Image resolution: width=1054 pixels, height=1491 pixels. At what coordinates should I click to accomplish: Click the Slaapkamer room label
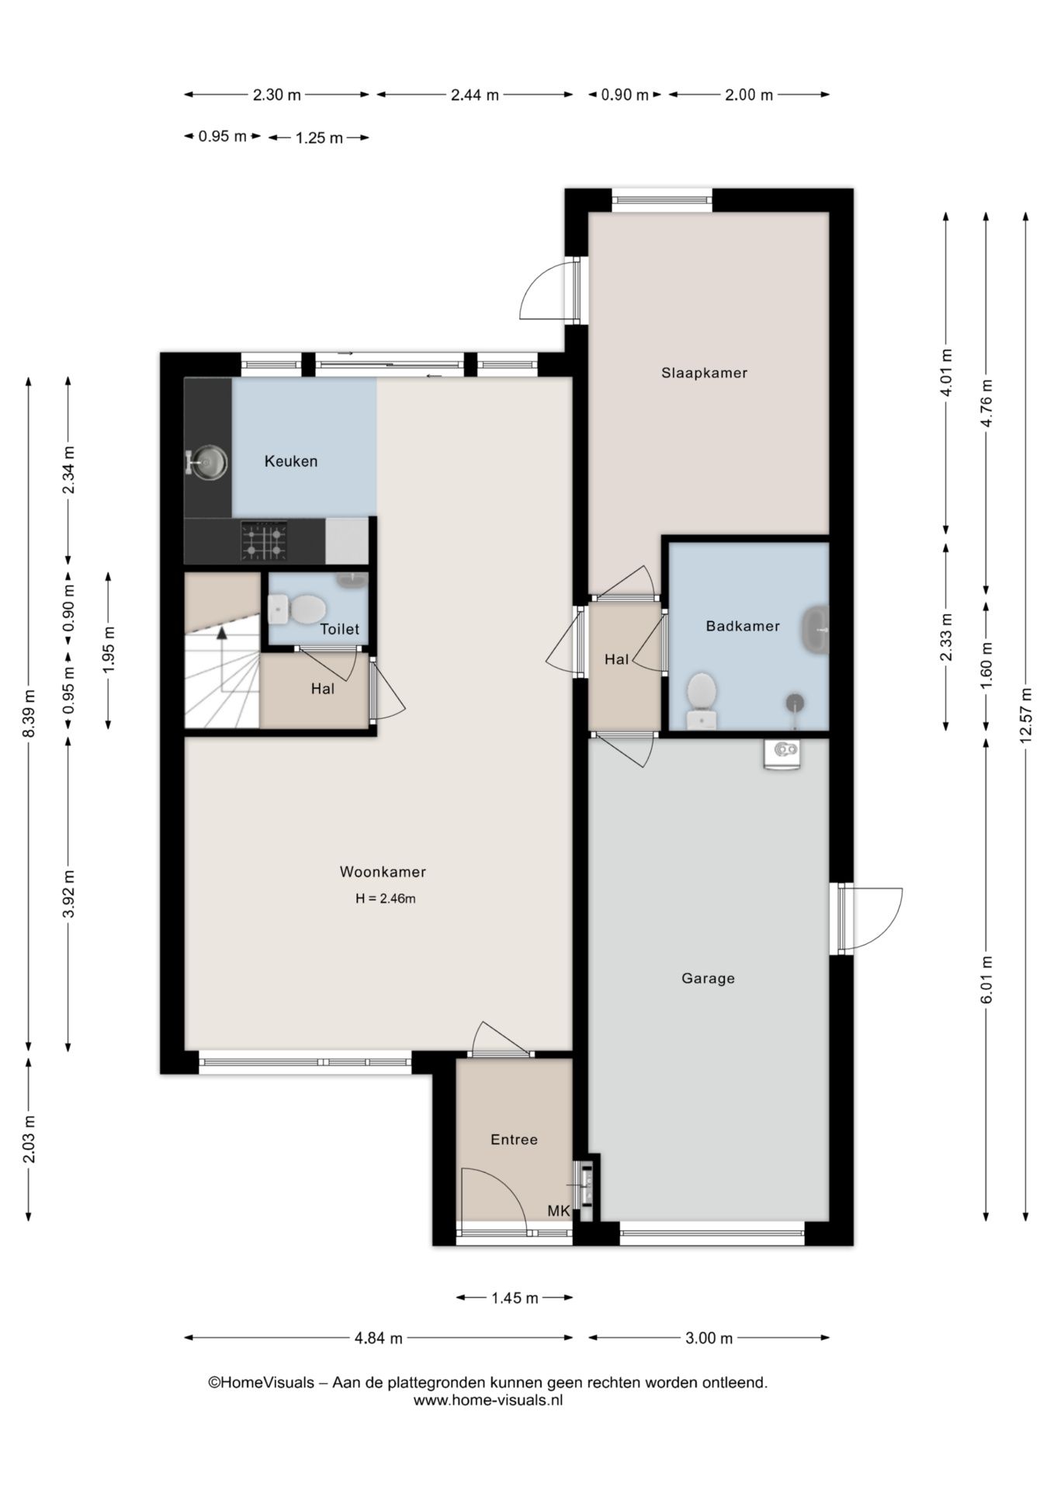click(704, 373)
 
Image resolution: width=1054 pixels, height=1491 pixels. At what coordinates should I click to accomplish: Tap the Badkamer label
click(743, 626)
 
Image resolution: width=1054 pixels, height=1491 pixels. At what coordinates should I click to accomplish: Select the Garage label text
click(708, 978)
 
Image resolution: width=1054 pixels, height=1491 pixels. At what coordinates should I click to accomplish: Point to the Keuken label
click(291, 461)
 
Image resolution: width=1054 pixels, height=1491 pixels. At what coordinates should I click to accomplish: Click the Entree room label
click(514, 1139)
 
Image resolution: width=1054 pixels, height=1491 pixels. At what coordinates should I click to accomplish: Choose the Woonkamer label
click(383, 872)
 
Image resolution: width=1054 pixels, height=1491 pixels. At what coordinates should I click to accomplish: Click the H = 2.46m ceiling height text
click(386, 899)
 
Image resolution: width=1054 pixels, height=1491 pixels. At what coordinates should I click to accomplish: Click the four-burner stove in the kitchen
click(264, 540)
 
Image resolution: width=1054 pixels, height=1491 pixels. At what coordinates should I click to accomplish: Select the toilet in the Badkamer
click(702, 700)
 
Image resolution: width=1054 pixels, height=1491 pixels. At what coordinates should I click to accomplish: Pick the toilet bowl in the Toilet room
click(297, 609)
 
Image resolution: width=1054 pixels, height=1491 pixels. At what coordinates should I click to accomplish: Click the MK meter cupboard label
click(559, 1211)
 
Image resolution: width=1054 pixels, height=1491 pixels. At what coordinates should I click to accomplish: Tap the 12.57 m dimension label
click(1025, 715)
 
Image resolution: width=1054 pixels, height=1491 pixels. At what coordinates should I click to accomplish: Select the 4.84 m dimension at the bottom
click(379, 1338)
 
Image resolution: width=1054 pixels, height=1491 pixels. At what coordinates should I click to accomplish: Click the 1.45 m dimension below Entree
click(515, 1298)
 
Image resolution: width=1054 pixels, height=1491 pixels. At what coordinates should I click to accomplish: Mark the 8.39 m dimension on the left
click(29, 714)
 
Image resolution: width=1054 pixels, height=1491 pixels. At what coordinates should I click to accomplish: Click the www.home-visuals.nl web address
click(487, 1400)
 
